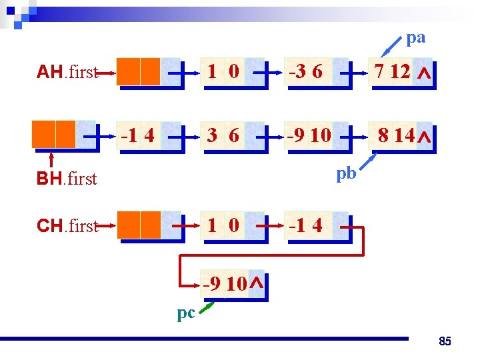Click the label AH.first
[67, 72]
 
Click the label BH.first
[67, 179]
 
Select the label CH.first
[67, 226]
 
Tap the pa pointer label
[415, 38]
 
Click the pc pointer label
[186, 313]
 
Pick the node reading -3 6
[313, 72]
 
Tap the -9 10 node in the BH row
[313, 135]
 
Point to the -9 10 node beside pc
[230, 284]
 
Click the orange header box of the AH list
[140, 72]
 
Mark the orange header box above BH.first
[55, 134]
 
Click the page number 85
[445, 342]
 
